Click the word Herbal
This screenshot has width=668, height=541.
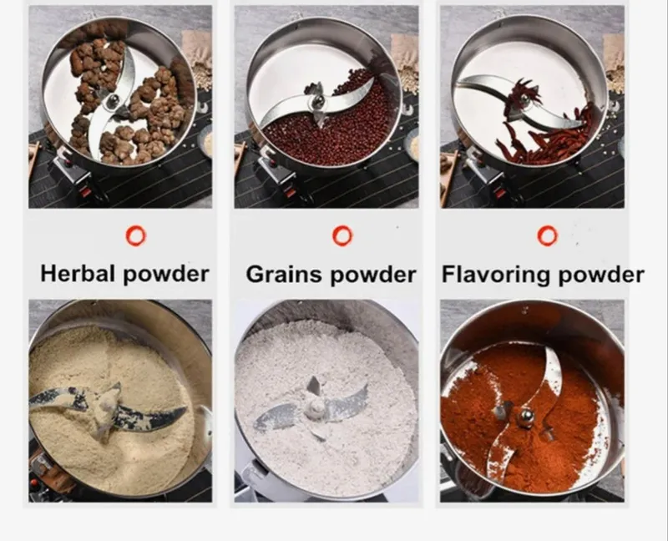pyautogui.click(x=78, y=273)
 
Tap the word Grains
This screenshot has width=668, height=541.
pyautogui.click(x=284, y=274)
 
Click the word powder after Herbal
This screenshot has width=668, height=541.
pyautogui.click(x=166, y=274)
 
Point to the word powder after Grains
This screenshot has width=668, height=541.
pyautogui.click(x=372, y=275)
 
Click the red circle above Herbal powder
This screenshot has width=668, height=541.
pyautogui.click(x=136, y=236)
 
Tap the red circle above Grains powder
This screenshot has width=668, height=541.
pyautogui.click(x=342, y=235)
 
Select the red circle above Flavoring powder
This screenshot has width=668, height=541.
pyautogui.click(x=548, y=235)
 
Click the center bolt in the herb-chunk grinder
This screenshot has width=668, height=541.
pyautogui.click(x=113, y=101)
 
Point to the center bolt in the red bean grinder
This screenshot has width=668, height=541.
pyautogui.click(x=317, y=101)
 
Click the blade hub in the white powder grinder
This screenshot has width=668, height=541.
pyautogui.click(x=316, y=409)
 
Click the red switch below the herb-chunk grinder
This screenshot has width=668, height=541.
pyautogui.click(x=85, y=192)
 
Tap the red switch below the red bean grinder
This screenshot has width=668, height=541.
pyautogui.click(x=291, y=193)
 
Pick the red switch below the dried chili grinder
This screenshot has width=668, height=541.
pyautogui.click(x=499, y=193)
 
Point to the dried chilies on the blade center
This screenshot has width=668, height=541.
pyautogui.click(x=522, y=97)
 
